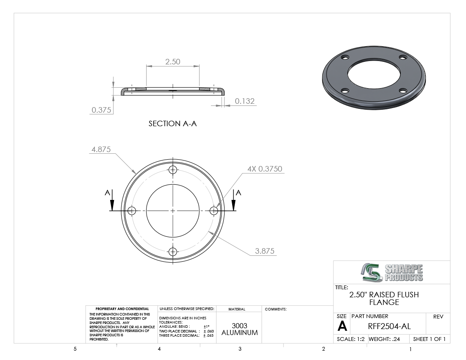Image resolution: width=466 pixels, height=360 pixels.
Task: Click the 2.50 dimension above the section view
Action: click(173, 61)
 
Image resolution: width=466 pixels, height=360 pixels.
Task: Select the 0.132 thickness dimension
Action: click(244, 101)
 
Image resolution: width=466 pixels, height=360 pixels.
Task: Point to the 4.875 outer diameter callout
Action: click(101, 149)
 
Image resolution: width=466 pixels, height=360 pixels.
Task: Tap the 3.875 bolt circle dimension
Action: click(264, 251)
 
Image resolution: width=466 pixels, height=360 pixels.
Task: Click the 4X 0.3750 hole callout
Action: click(265, 169)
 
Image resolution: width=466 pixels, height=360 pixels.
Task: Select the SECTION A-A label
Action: click(173, 124)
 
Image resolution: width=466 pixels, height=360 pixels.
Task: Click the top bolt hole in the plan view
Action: click(173, 170)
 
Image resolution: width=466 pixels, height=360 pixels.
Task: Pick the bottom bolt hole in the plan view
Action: click(173, 252)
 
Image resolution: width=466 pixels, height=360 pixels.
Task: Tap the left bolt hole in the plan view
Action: click(132, 211)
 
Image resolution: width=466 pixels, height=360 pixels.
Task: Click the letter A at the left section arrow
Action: click(107, 193)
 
